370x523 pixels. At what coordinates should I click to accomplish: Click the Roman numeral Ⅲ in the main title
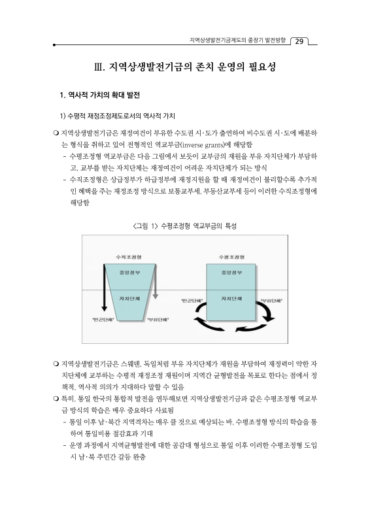click(x=99, y=67)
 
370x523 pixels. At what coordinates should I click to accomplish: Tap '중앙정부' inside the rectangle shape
click(x=232, y=272)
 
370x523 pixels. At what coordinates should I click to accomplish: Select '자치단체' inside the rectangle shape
click(x=232, y=299)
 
